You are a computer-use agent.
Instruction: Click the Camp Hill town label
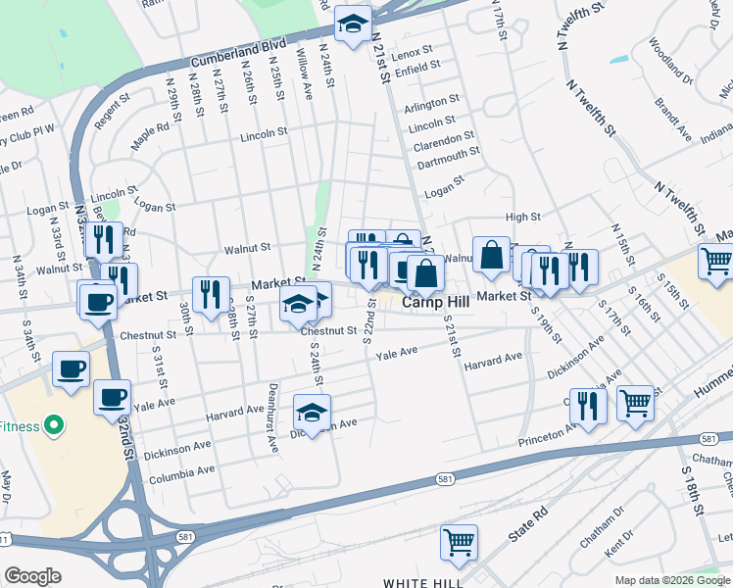coord(438,305)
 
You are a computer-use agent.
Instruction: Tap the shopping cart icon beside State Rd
coord(458,543)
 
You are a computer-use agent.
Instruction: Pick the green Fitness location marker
coord(54,426)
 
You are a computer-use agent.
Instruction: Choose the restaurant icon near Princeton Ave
coord(586,407)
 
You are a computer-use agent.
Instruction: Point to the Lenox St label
coord(413,51)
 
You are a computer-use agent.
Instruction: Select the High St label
coord(522,217)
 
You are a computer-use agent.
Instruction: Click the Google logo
coord(32,576)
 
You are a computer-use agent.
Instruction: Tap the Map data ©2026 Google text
coord(672,580)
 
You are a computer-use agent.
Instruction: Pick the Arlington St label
coord(431,101)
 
